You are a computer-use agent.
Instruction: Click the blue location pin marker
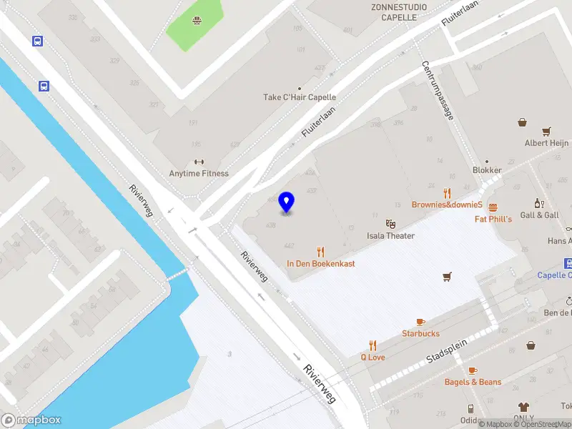287,202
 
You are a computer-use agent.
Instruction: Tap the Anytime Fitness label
199,173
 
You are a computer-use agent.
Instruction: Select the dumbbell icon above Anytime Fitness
199,161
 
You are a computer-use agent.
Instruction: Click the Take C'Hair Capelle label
300,97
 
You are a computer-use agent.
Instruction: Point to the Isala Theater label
390,236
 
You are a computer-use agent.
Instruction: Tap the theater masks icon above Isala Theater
390,224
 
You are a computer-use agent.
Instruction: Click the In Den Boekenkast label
321,264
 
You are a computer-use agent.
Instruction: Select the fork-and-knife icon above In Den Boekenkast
321,251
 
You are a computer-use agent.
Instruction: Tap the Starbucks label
420,334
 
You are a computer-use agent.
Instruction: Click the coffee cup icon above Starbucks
420,322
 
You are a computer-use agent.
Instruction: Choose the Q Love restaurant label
373,357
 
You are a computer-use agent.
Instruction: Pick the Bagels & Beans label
473,383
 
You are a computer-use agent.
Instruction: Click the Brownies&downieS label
448,204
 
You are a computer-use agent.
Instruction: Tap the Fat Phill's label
493,219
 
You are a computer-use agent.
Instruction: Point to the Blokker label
487,170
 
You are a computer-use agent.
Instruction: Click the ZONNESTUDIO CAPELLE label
400,12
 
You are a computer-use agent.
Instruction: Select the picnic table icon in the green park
195,20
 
